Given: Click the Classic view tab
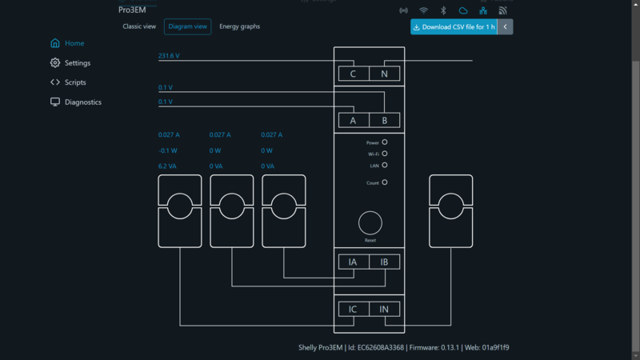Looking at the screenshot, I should point(139,26).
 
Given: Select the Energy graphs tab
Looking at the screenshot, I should point(239,26).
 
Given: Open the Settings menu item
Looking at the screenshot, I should point(77,63).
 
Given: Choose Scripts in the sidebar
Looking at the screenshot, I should point(75,82).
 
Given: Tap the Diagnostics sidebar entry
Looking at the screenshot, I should point(82,102).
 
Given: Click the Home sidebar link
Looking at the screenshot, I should point(74,43).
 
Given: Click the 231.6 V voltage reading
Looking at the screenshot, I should point(169,56).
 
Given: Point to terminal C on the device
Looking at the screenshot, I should point(354,74).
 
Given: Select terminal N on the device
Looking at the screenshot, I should point(384,74).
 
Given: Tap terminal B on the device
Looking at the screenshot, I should point(384,121).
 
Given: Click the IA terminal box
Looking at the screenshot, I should point(353,262).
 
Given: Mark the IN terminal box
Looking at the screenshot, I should point(384,310).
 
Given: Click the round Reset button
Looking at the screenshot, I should point(370,223).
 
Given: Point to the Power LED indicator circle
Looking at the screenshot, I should point(385,142).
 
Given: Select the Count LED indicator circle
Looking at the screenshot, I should point(385,182).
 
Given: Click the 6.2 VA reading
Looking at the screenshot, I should point(168,166).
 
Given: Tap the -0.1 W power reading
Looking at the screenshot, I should point(167,150).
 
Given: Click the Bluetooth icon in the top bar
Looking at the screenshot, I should point(443,10).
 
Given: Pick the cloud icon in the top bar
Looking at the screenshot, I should point(463,10).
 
